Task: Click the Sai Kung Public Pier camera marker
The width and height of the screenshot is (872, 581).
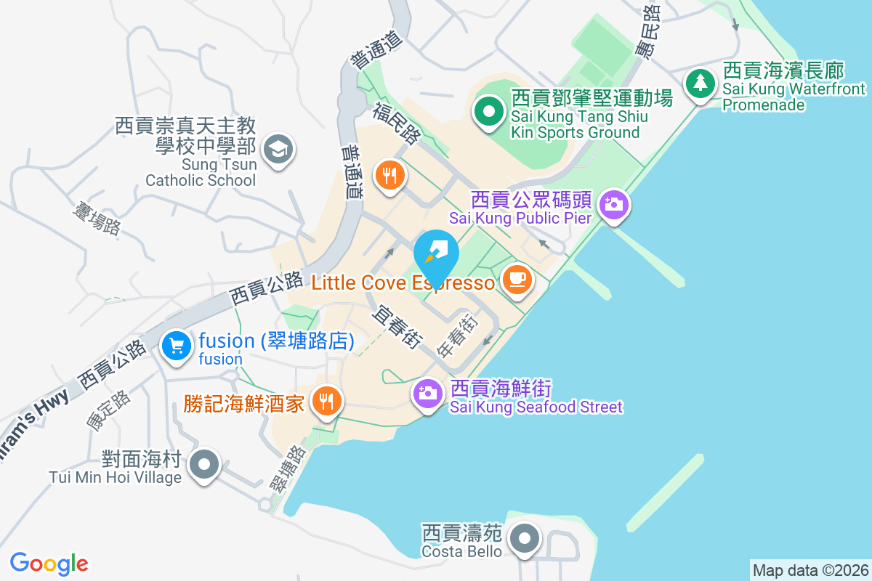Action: point(615,204)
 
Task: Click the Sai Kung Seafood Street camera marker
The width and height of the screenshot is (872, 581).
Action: point(428,394)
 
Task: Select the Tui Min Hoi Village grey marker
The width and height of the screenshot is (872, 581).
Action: point(204,463)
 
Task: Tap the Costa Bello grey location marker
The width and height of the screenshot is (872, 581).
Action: point(524,539)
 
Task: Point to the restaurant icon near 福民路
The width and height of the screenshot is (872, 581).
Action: point(389,174)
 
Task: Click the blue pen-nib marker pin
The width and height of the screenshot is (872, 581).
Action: point(436,251)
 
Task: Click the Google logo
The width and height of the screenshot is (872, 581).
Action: point(49,563)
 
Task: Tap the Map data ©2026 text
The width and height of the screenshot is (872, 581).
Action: point(810,570)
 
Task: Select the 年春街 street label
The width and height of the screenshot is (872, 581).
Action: point(457,336)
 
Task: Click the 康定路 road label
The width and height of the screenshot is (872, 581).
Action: point(108,412)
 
